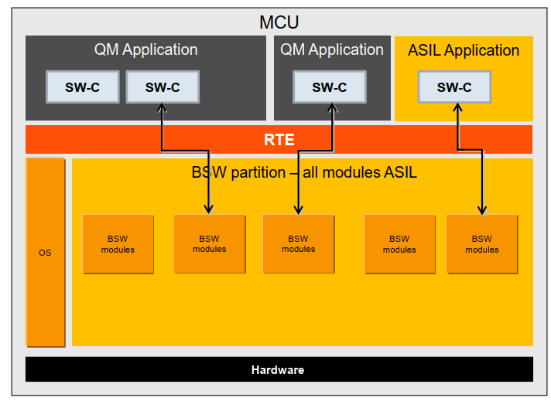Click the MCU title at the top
pos(279,22)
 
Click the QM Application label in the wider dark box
pos(145,49)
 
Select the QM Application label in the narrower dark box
pos(331,49)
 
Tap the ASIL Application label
pos(464,50)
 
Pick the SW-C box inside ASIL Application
pos(454,87)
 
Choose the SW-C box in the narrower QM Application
pos(329,87)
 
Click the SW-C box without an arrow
pos(83,87)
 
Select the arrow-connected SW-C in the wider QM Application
pos(163,87)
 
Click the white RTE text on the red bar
pos(279,141)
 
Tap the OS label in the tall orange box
pos(45,253)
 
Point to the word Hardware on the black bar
pos(278,370)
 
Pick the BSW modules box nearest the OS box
pos(118,244)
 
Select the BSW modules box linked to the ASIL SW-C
pos(481,244)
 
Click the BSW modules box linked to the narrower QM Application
pos(298,244)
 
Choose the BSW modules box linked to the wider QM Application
pos(209,244)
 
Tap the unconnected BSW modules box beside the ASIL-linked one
pos(399,244)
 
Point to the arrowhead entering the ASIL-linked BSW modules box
pos(481,209)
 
